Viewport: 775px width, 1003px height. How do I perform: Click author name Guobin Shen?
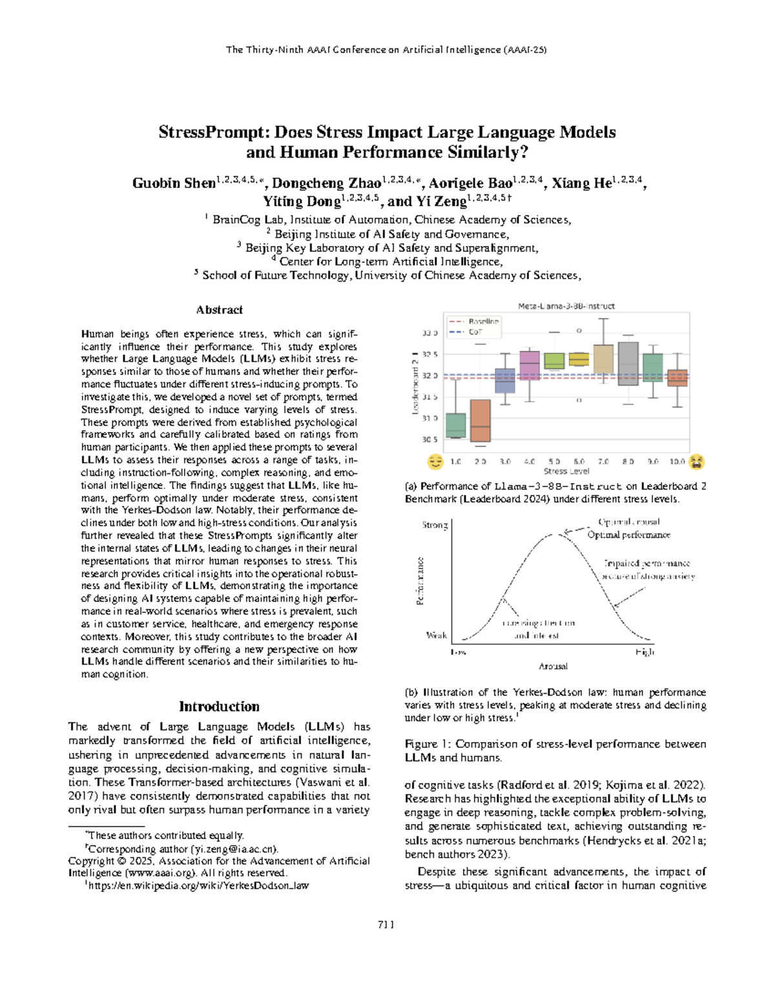pos(173,183)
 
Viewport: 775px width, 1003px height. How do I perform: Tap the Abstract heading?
pos(219,310)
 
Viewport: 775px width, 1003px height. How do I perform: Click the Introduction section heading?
pos(219,706)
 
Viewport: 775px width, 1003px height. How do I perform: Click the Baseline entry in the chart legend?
pos(483,321)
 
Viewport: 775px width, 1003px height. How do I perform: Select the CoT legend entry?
pos(475,332)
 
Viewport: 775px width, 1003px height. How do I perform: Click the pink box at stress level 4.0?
pos(530,366)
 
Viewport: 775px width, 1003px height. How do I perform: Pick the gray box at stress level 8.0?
pos(628,364)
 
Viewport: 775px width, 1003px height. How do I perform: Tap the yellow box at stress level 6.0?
pos(579,359)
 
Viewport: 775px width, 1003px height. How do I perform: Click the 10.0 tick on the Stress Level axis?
pos(677,462)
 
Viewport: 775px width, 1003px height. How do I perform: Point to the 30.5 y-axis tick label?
pos(430,440)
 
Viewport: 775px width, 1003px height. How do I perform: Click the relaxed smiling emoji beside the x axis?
pos(436,461)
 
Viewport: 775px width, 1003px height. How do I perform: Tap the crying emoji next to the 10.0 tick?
pos(696,461)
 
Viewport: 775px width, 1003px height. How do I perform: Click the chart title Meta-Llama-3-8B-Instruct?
pos(566,306)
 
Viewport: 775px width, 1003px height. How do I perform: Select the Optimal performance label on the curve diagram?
pos(628,535)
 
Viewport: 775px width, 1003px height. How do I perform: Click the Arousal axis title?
pos(553,666)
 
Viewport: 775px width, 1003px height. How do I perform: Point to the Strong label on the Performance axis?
pos(435,525)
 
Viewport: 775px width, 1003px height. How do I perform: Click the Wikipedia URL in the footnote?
pos(199,885)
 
